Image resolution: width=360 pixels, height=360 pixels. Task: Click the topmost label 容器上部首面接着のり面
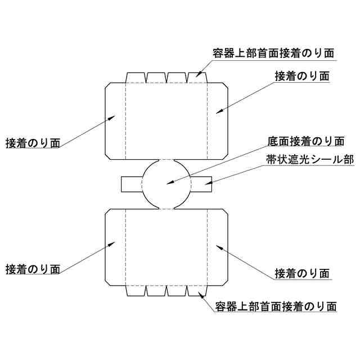coord(274,53)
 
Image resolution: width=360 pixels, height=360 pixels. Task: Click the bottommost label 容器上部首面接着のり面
coord(276,307)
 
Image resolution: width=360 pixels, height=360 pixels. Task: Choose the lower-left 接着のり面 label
coord(32,268)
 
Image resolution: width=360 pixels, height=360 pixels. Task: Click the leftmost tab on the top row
coord(136,78)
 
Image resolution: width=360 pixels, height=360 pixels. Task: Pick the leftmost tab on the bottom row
coord(136,290)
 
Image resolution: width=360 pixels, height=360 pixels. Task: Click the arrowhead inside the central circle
coord(169,182)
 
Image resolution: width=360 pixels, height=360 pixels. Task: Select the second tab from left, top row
coord(156,78)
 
